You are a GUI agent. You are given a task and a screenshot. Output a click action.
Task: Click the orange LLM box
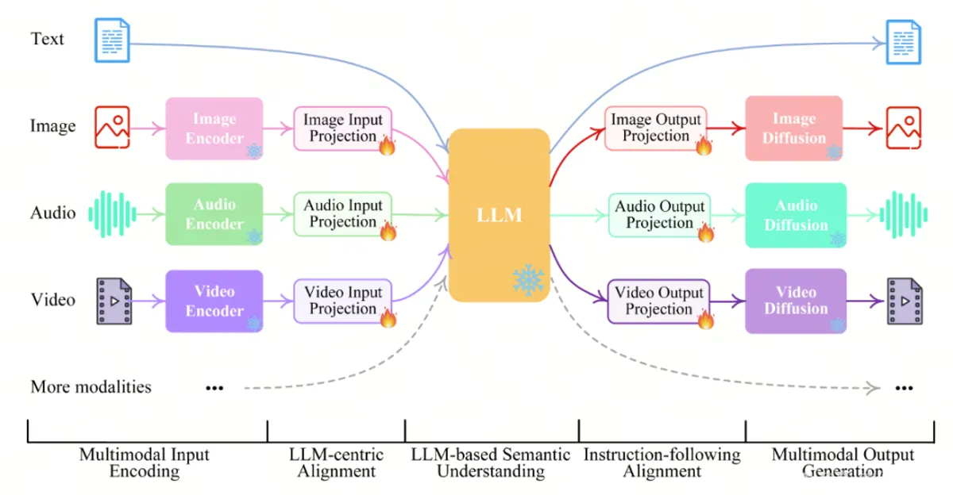(x=500, y=215)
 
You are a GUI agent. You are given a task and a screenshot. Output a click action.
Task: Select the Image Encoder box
(x=214, y=128)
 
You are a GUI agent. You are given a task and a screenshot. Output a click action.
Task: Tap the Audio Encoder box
(x=214, y=214)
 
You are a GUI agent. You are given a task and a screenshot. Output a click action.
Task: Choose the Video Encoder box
(x=214, y=301)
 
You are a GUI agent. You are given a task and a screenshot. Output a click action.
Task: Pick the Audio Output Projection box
(x=659, y=214)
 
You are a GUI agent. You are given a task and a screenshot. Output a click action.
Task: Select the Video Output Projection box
(x=659, y=301)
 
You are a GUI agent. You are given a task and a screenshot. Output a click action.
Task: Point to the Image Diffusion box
(x=794, y=128)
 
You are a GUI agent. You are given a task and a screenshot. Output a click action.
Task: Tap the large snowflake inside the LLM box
(x=528, y=280)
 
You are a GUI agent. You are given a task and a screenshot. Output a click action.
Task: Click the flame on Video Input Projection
(x=388, y=318)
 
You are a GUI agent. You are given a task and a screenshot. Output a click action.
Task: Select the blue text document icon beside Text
(x=112, y=40)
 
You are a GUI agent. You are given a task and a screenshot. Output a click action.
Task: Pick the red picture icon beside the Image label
(x=112, y=127)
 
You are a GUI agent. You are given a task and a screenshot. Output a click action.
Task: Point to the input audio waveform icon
(x=112, y=213)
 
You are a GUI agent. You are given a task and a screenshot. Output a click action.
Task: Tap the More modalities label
(x=91, y=387)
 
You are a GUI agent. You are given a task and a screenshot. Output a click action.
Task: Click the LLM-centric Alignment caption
(x=336, y=463)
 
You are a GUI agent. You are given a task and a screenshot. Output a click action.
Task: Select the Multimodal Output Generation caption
(x=843, y=463)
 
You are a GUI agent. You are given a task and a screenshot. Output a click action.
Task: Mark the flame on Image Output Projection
(x=704, y=145)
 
